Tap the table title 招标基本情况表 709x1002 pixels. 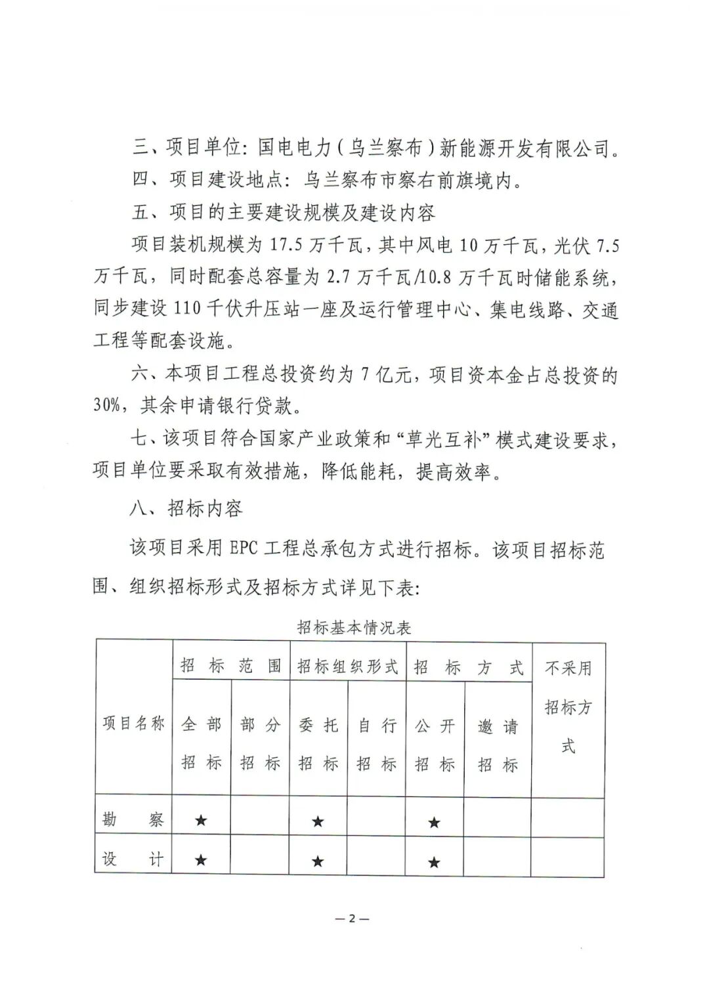pos(354,628)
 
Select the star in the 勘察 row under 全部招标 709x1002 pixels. pos(201,820)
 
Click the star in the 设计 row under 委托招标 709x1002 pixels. pos(318,861)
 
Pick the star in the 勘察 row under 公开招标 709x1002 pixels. pos(434,822)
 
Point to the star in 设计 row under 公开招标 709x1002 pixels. pos(434,862)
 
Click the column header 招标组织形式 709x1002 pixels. pos(347,666)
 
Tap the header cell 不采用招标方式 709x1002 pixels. pos(568,707)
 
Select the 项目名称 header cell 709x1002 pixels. pos(133,724)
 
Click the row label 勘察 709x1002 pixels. pos(133,819)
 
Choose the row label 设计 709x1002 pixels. pos(133,860)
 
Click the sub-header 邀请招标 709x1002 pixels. pos(498,745)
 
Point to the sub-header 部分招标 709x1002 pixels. pos(260,743)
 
